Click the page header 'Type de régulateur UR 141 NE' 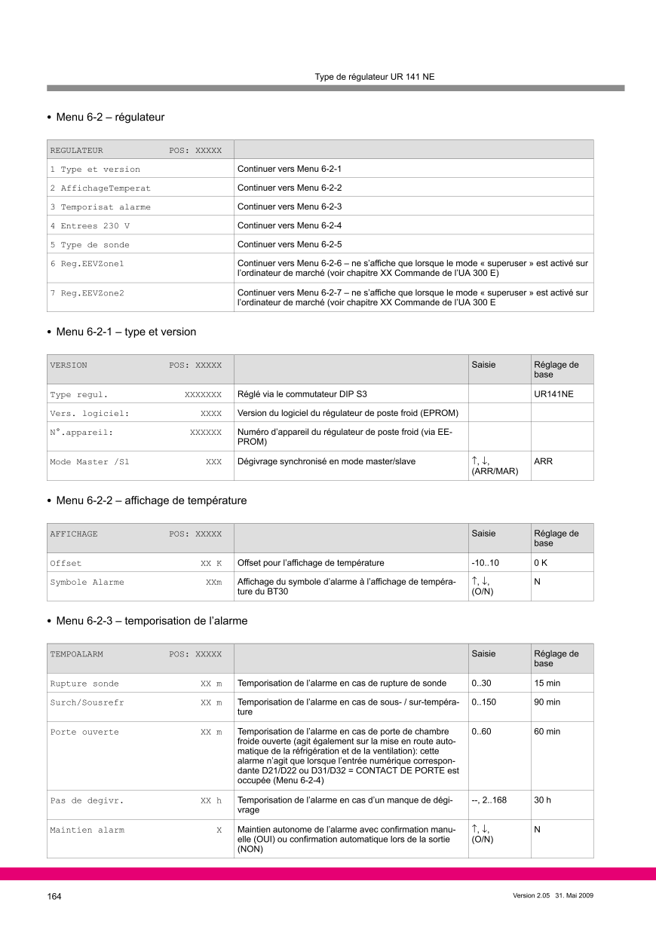point(374,77)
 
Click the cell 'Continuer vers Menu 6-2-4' point(290,225)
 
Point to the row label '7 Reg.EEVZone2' point(87,292)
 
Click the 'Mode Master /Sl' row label point(90,461)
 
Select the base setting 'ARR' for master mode point(543,461)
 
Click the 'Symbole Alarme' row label point(87,583)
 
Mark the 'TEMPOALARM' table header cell point(76,654)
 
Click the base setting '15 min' point(547,684)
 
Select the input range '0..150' point(484,702)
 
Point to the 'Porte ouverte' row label point(84,732)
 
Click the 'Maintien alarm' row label point(87,830)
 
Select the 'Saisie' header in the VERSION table point(484,365)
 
